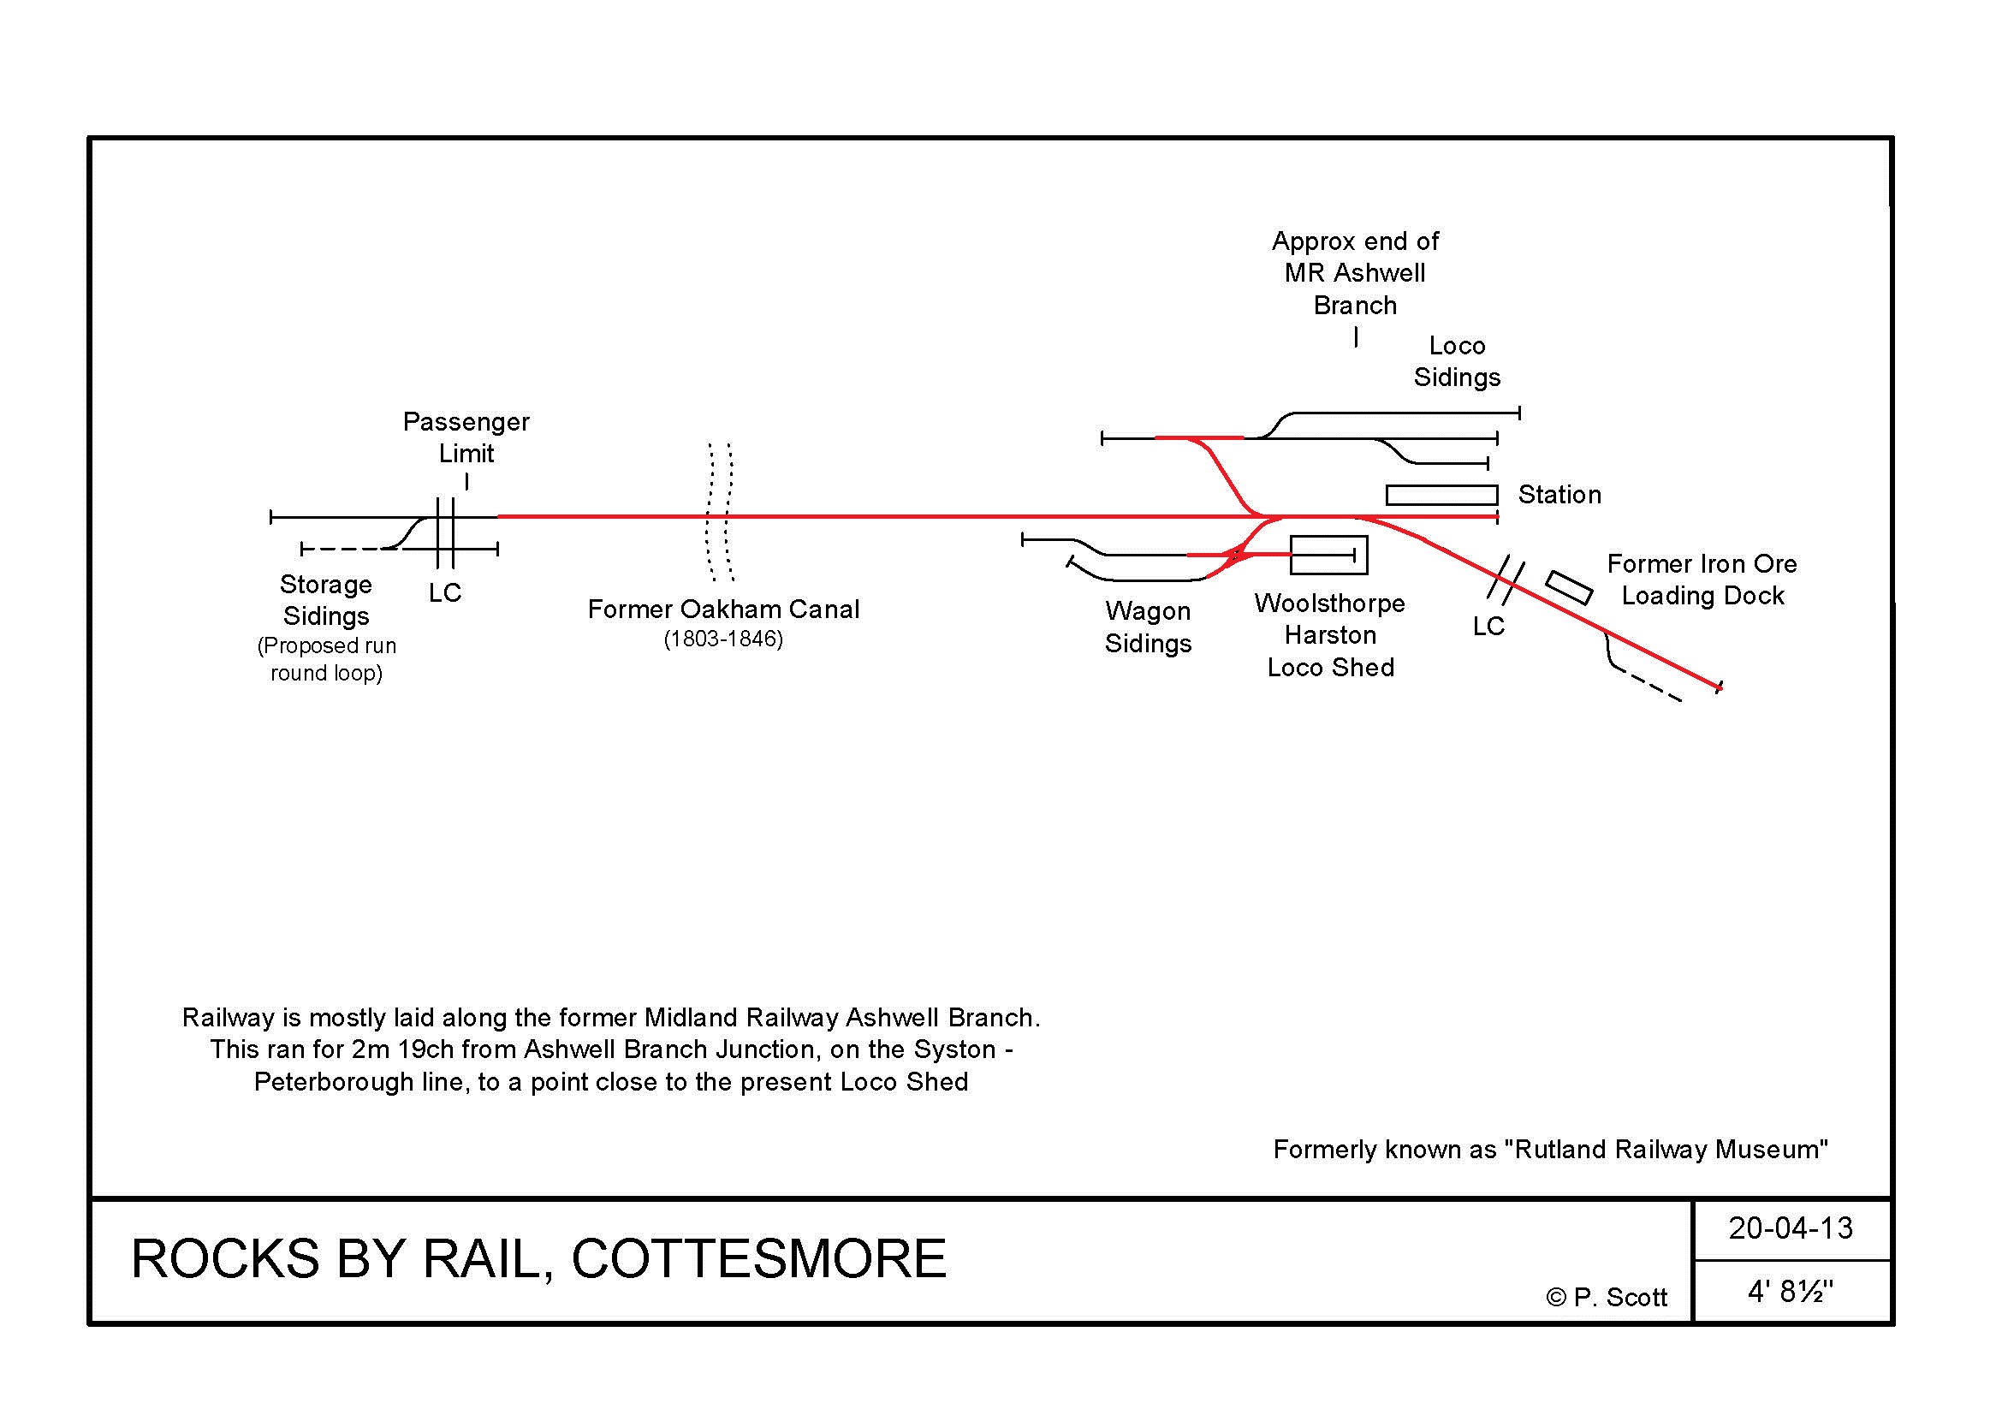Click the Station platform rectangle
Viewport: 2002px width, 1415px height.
coord(1441,495)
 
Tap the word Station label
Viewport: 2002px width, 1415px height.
coord(1559,495)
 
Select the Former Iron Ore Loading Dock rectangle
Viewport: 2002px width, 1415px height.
coord(1569,587)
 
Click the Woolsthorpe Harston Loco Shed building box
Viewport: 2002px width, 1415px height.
coord(1328,555)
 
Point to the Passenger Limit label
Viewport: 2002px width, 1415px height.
coord(466,437)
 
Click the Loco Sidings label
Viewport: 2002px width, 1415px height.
coord(1457,362)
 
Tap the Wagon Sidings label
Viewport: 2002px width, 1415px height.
coord(1148,627)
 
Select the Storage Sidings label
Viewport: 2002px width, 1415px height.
coord(326,600)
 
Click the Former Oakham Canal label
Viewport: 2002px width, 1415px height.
coord(723,609)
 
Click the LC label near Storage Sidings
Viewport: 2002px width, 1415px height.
coord(445,593)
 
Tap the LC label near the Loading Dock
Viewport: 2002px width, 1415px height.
coord(1488,626)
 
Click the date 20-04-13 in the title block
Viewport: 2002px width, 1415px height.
coord(1790,1228)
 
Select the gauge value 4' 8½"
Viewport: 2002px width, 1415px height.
coord(1790,1291)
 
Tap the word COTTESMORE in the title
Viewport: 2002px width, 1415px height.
coord(758,1259)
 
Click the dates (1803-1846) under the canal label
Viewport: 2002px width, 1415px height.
coord(723,639)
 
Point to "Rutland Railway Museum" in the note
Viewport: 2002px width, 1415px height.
coord(1666,1150)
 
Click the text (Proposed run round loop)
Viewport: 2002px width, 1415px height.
coord(326,659)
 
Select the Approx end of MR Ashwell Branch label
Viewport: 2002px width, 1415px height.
coord(1355,273)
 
